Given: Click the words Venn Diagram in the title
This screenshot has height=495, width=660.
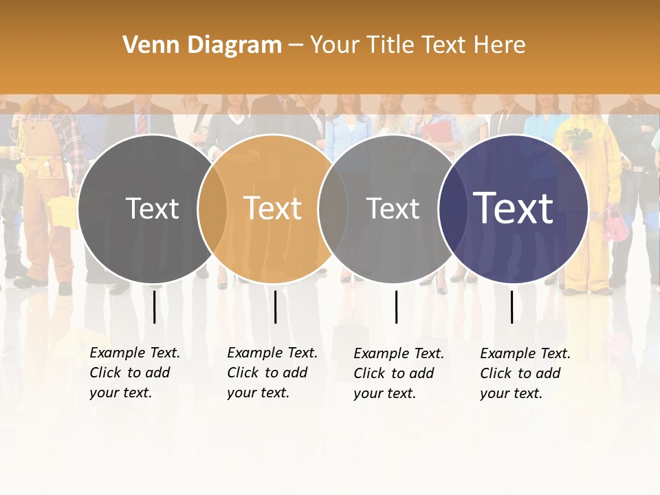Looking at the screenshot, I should (x=202, y=45).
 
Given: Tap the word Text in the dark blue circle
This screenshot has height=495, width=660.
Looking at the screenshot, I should (x=514, y=208).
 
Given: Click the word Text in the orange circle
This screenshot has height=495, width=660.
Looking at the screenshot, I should (x=273, y=208).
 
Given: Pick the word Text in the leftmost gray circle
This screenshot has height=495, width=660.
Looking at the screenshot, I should (x=153, y=208).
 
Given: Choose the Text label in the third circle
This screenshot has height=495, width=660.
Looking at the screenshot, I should (x=393, y=208).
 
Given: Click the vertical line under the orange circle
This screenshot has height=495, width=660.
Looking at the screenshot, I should (x=275, y=307).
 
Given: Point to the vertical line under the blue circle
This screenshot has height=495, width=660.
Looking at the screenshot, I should (x=512, y=307).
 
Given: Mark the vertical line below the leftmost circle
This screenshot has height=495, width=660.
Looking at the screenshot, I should (x=154, y=307).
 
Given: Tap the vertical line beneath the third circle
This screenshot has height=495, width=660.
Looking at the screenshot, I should (x=396, y=307).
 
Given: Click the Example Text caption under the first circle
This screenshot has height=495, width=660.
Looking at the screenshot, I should (x=134, y=373).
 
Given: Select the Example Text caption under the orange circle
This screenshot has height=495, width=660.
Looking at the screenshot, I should (x=272, y=373).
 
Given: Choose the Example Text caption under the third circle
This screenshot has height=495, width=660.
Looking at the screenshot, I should (x=398, y=373).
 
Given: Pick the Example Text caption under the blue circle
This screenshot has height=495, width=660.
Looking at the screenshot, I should (x=525, y=373).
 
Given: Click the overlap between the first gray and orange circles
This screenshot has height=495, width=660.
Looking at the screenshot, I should (x=212, y=208).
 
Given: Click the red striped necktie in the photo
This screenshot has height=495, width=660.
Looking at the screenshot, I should (x=142, y=121).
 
